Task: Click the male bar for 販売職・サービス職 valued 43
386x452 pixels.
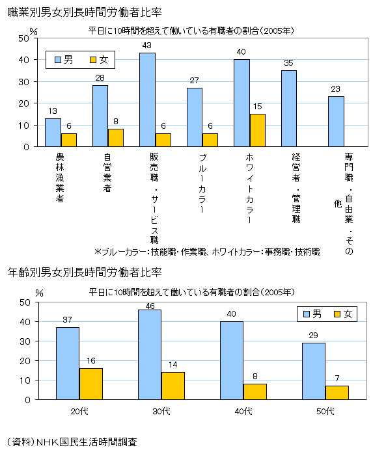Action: click(x=147, y=100)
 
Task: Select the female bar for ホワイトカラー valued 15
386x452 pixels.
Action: click(x=257, y=130)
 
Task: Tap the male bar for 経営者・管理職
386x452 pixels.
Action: click(x=288, y=109)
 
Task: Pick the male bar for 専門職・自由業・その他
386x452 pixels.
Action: click(x=336, y=122)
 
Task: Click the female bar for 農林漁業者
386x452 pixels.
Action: click(x=69, y=140)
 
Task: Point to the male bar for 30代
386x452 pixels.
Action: click(x=150, y=354)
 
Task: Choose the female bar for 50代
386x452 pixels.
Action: click(x=337, y=392)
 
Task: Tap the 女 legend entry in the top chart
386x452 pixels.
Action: click(x=98, y=60)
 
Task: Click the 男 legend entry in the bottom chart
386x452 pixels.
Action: click(x=311, y=314)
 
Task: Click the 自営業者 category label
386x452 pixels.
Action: click(x=107, y=172)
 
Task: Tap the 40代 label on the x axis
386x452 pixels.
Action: click(x=243, y=411)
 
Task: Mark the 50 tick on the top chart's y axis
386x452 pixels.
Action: click(x=24, y=38)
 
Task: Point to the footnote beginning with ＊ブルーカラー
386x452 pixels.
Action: click(x=207, y=251)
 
